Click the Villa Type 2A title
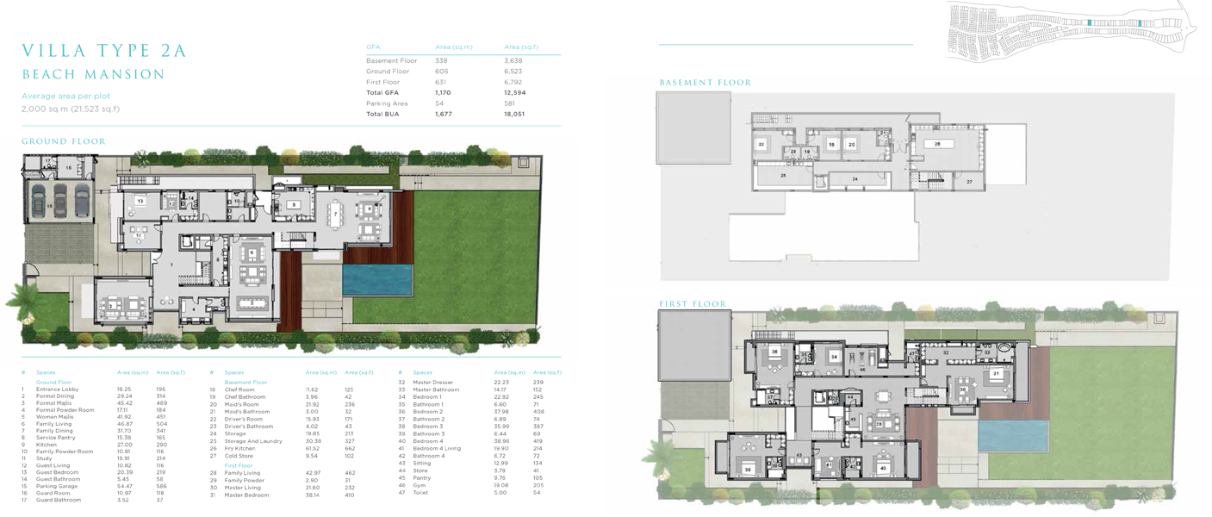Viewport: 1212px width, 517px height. coord(104,51)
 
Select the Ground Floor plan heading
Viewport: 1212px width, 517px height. coord(64,141)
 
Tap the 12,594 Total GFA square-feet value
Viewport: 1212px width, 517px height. coord(514,92)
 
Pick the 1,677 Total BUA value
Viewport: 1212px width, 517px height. coord(443,114)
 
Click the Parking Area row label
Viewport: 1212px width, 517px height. coord(387,103)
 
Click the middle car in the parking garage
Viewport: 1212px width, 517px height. coord(59,201)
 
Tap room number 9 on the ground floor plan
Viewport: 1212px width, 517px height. coord(294,205)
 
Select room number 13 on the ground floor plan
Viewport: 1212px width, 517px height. coord(140,201)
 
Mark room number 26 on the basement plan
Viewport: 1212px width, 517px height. coord(937,145)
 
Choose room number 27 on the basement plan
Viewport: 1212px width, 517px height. coord(969,182)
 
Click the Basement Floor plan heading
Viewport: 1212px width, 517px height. coord(705,83)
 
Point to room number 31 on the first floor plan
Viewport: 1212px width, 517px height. coord(997,374)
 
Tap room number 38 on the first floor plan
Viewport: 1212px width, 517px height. coord(748,470)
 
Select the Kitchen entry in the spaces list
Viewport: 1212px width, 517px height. coord(47,445)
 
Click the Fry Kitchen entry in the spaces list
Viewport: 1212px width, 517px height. coord(239,448)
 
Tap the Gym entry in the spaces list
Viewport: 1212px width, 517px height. coord(419,485)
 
